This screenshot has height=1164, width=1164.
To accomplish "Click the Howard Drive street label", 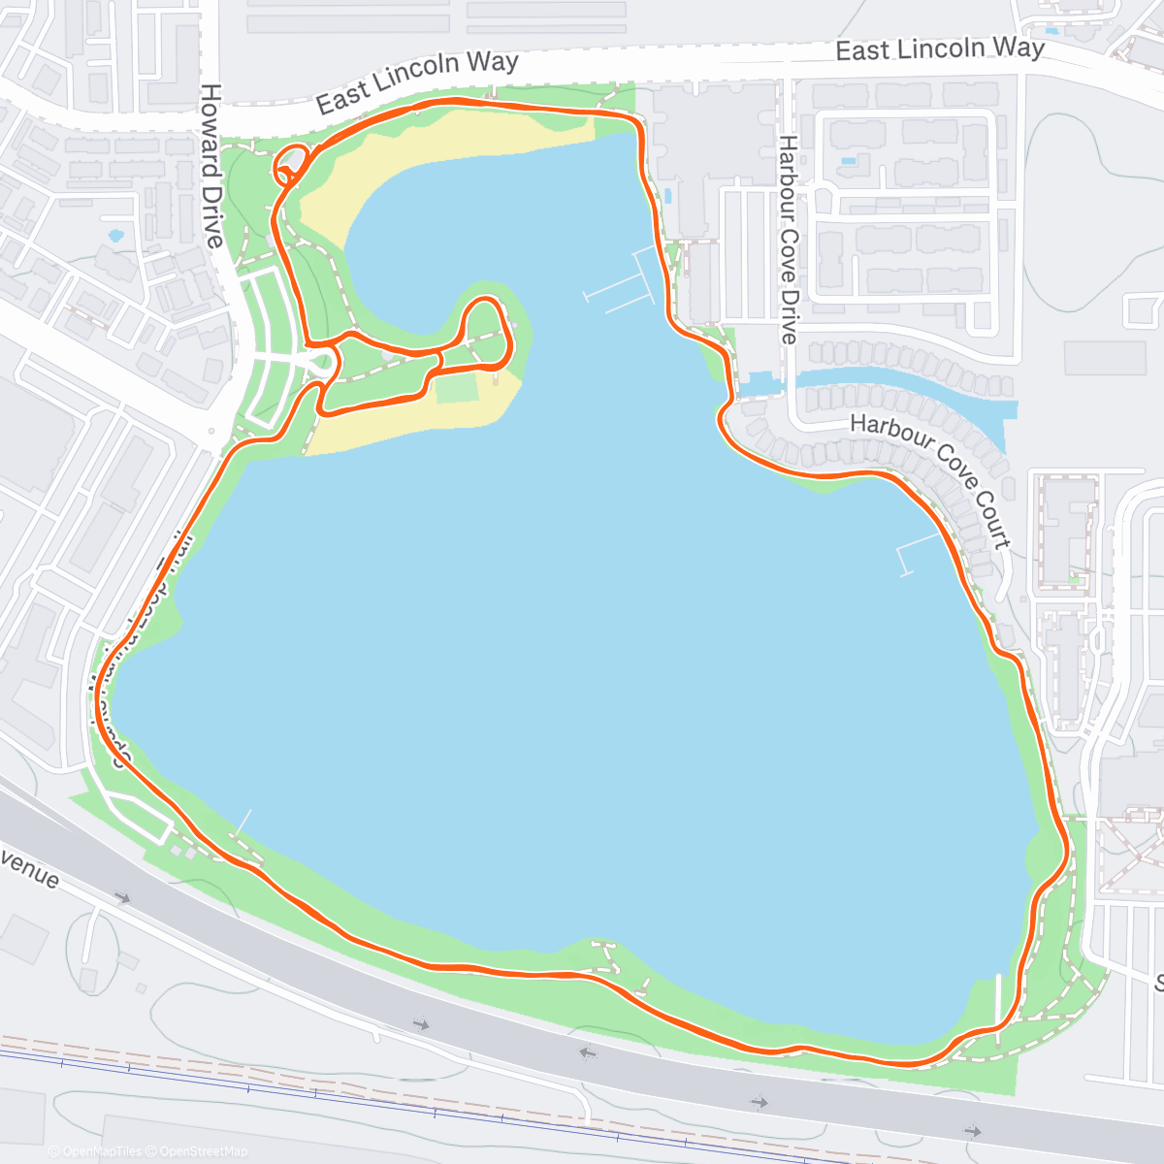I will pyautogui.click(x=211, y=165).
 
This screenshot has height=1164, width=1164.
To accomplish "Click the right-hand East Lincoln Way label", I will pyautogui.click(x=940, y=48).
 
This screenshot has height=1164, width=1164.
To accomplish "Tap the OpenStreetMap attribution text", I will pyautogui.click(x=203, y=1151).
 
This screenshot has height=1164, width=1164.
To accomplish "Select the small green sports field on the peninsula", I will pyautogui.click(x=458, y=388).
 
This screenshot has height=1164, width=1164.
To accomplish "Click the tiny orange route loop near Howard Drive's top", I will pyautogui.click(x=291, y=166).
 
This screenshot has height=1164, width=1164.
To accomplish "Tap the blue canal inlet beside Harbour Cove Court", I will pyautogui.click(x=902, y=388).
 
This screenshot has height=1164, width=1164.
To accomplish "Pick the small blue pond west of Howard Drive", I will pyautogui.click(x=116, y=235).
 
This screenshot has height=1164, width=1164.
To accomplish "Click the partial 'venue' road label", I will pyautogui.click(x=29, y=868).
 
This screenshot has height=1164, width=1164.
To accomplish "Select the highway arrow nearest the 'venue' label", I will pyautogui.click(x=122, y=898).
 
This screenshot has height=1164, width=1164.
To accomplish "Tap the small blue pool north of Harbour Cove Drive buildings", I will pyautogui.click(x=850, y=159).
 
